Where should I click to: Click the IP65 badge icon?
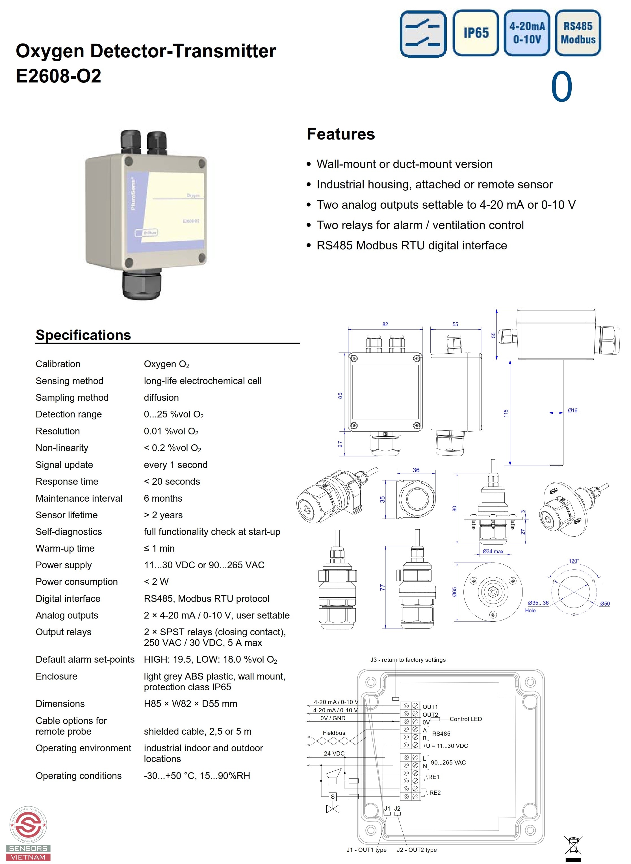476,33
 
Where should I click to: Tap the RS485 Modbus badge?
578,33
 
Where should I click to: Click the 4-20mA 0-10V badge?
527,33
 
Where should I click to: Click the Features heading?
341,134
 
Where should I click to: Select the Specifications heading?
83,335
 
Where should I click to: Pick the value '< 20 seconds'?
172,482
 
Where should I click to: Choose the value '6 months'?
163,498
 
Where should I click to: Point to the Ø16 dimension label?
572,410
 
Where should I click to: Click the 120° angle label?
574,561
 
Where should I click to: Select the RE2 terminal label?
435,793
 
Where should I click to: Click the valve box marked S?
333,796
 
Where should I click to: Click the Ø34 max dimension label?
493,551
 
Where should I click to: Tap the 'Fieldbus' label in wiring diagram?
334,733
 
